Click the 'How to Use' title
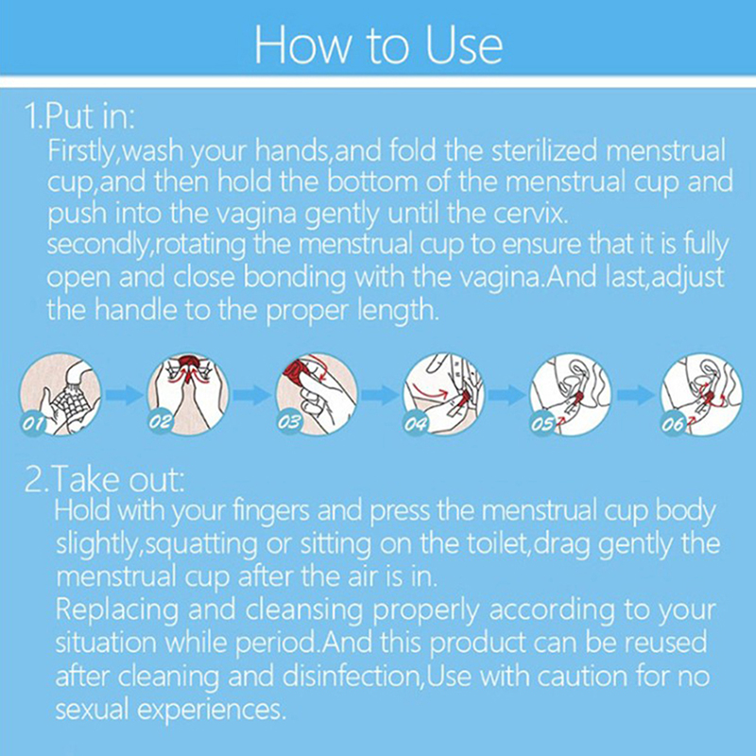[x=379, y=45]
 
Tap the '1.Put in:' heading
[x=80, y=116]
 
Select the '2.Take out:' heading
[x=105, y=479]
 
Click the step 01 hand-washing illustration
[x=60, y=394]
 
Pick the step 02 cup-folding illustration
[x=188, y=394]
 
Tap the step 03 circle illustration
[x=317, y=394]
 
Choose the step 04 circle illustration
[x=443, y=394]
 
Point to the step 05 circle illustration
[x=571, y=394]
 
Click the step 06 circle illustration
[x=701, y=394]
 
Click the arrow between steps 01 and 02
[x=125, y=395]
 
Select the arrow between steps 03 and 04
[x=381, y=395]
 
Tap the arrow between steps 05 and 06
[x=636, y=395]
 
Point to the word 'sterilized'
[x=544, y=151]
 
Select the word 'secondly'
[x=96, y=246]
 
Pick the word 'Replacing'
[x=116, y=610]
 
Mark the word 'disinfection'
[x=350, y=677]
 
